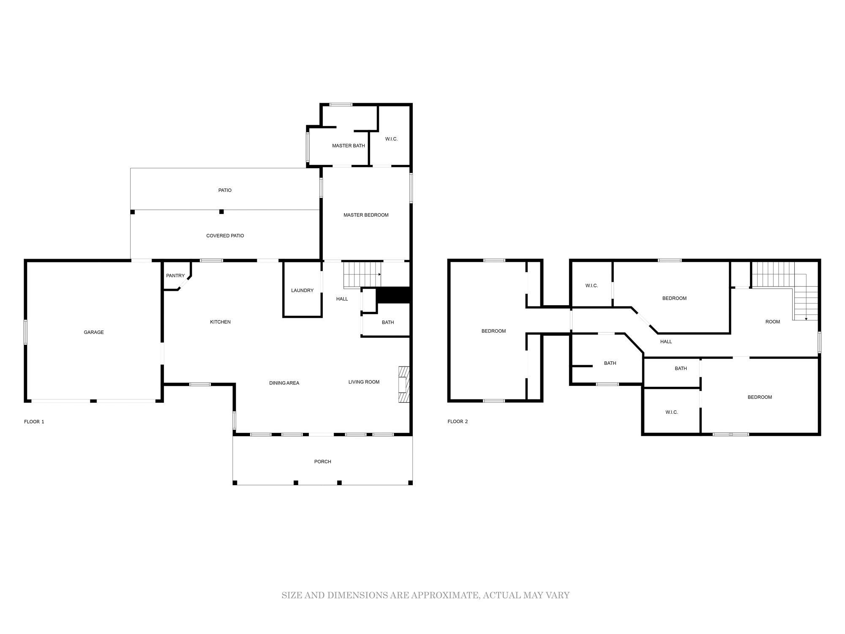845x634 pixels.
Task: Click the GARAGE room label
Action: click(94, 332)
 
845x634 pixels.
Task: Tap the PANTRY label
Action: click(175, 276)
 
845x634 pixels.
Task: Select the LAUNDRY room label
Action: click(302, 290)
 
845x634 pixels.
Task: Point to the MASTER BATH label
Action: click(349, 146)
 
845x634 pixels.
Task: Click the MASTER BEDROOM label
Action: click(366, 215)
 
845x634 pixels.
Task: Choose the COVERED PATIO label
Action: click(225, 236)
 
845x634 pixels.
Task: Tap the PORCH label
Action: click(323, 462)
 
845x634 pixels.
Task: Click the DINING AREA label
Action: click(284, 383)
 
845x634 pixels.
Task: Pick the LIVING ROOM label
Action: click(364, 382)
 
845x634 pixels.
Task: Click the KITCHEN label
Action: click(221, 322)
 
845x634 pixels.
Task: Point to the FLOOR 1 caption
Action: click(34, 422)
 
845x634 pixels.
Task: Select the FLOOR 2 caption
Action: click(458, 421)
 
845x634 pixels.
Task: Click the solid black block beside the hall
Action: click(394, 295)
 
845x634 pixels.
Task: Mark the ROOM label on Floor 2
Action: click(773, 322)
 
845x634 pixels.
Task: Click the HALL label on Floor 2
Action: click(666, 342)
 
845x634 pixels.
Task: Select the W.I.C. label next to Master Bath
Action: click(391, 139)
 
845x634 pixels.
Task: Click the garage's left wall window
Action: click(25, 332)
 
